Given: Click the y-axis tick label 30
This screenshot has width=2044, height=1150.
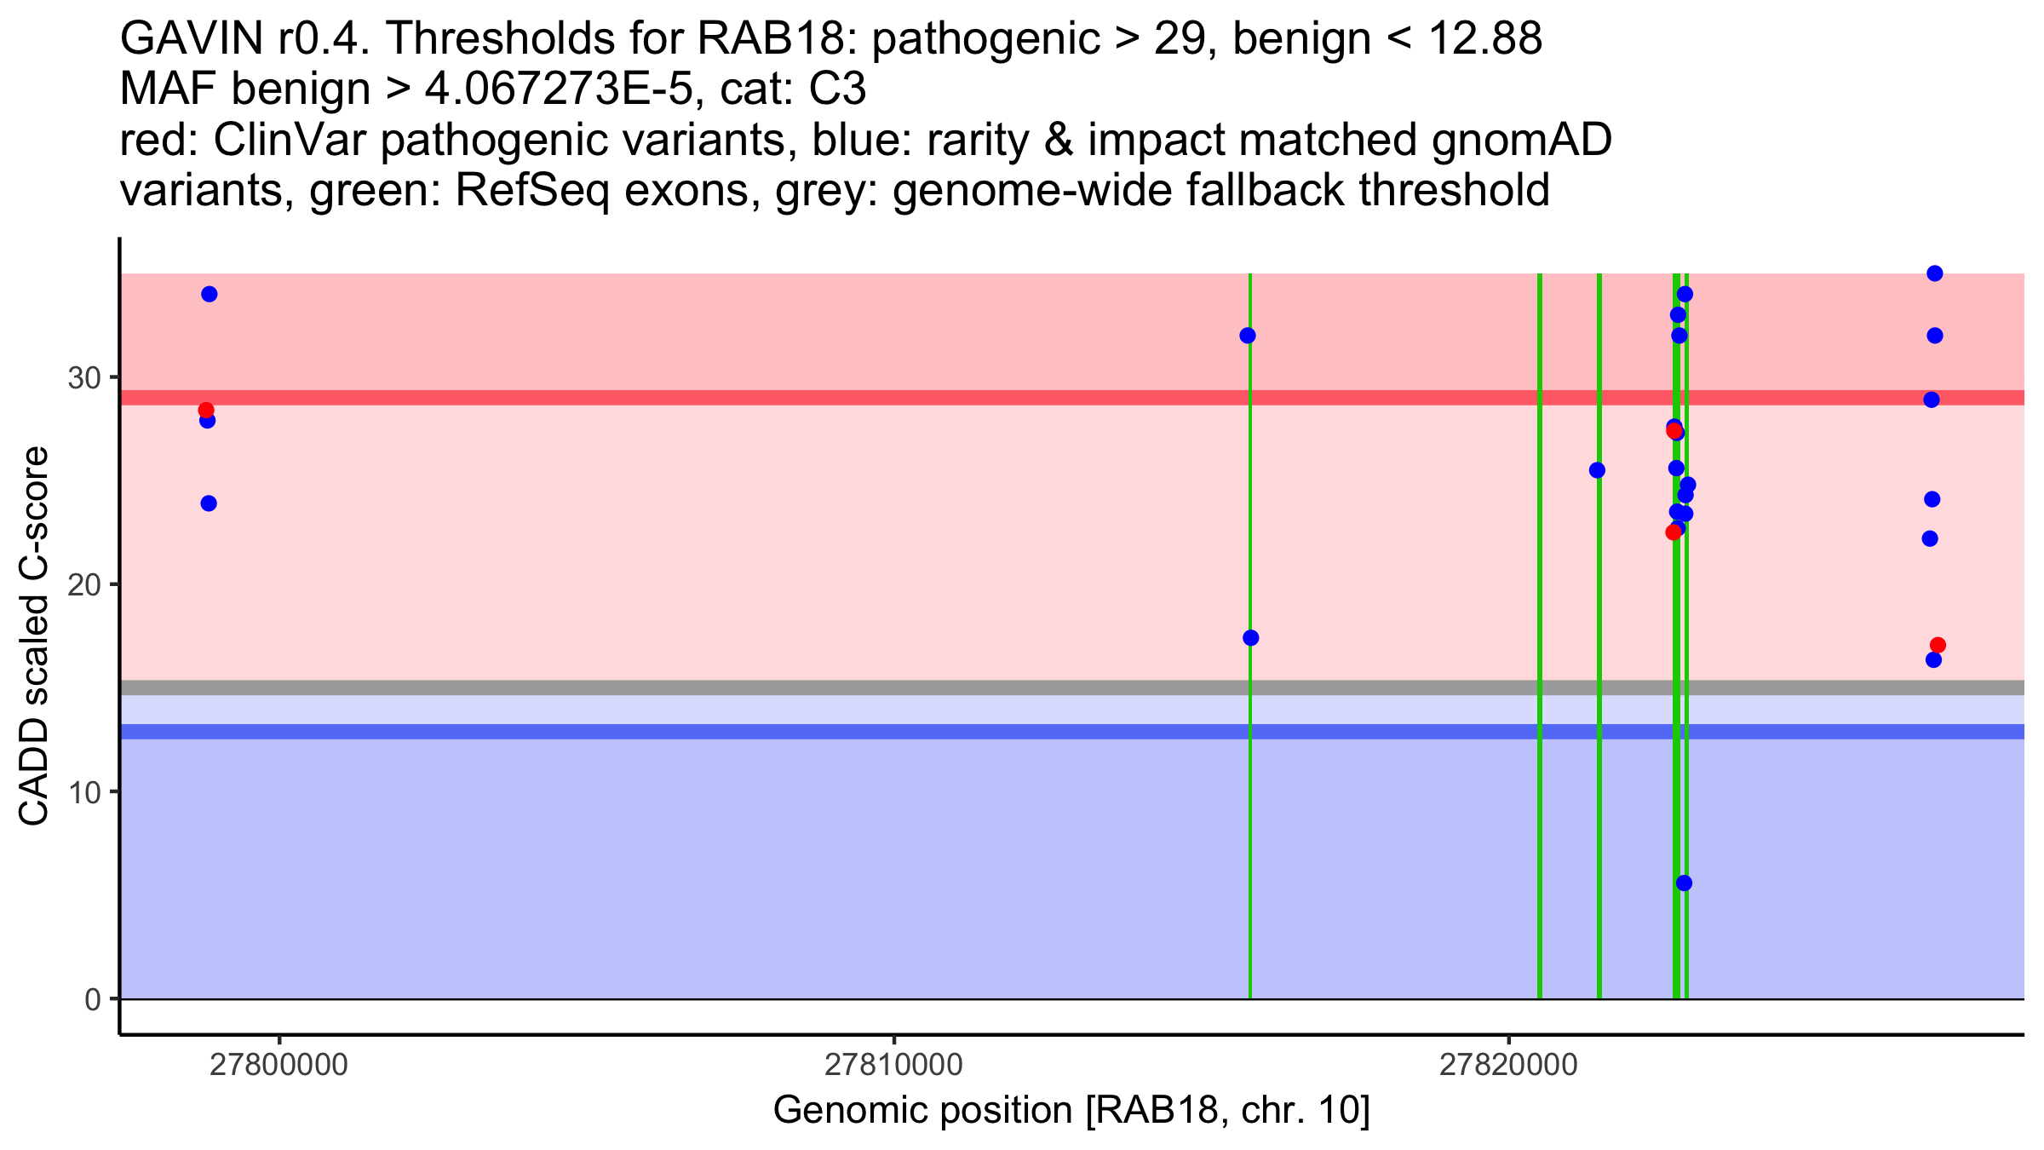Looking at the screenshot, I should pos(83,377).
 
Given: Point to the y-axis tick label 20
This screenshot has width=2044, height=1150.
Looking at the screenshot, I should pos(83,585).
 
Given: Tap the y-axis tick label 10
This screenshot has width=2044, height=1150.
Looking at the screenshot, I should pos(83,792).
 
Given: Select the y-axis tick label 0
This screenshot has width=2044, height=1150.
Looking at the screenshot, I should pos(92,999).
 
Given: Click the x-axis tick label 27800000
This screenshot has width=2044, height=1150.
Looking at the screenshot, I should pos(278,1065).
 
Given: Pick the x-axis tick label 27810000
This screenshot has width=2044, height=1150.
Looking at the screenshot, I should pos(893,1065).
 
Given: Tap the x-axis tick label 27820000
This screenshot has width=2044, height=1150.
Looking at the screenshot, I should pos(1508,1065).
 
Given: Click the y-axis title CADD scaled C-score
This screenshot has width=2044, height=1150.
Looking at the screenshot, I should pos(34,636).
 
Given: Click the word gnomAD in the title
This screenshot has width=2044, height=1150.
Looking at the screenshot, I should pos(1521,141).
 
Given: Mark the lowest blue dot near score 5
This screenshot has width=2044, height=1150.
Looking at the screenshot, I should pos(1684,883).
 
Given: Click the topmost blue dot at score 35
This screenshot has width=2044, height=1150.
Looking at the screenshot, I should pos(1934,273).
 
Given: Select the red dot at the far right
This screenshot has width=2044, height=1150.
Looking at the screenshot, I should pos(1938,645).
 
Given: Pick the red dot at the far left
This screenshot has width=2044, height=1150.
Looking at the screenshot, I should pos(206,410).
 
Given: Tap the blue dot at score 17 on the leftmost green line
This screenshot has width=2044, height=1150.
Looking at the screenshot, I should pos(1250,638).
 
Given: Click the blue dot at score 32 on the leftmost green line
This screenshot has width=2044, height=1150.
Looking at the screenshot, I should pos(1248,336).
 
